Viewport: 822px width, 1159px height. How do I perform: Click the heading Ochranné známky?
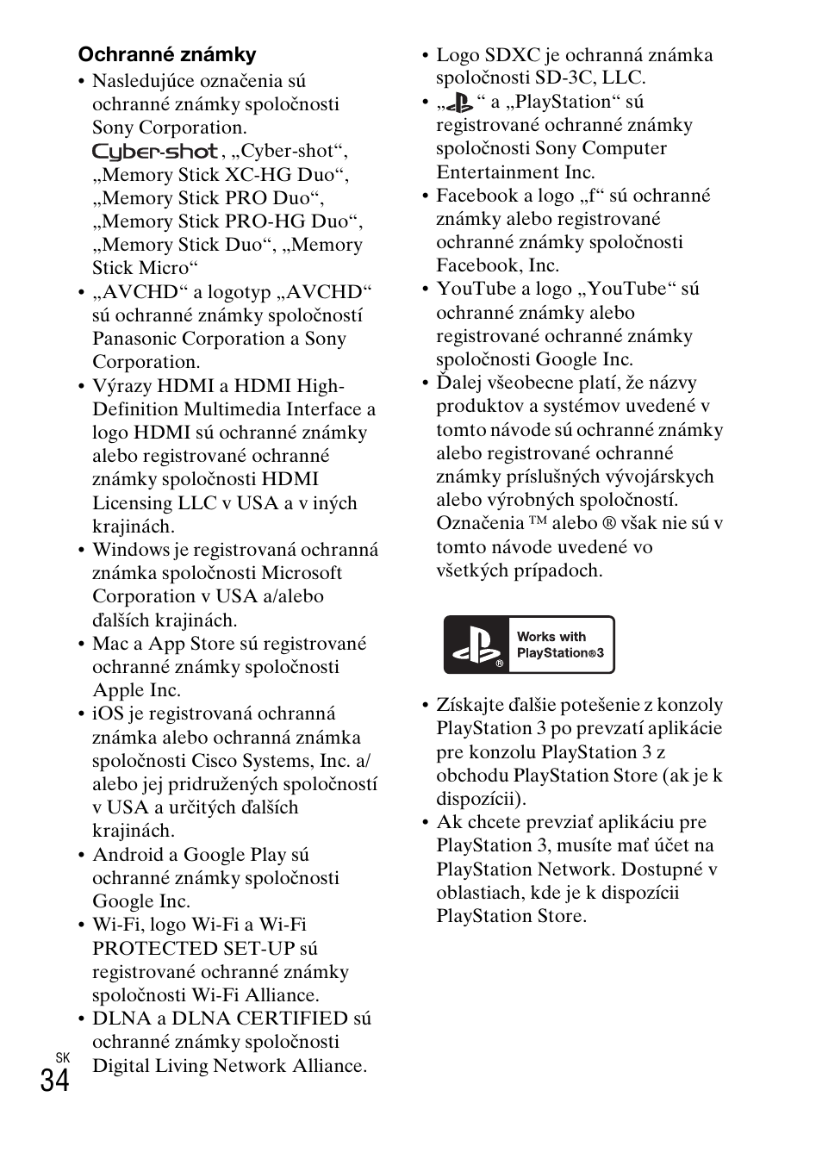tap(167, 55)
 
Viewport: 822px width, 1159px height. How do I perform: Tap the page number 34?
tap(54, 1080)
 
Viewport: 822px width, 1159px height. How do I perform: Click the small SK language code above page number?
tap(61, 1057)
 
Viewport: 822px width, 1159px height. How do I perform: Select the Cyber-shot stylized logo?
tap(155, 153)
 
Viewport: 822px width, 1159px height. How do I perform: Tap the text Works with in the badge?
tap(551, 637)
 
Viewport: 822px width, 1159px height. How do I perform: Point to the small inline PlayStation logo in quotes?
tap(463, 103)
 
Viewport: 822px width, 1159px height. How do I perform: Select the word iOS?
tap(109, 713)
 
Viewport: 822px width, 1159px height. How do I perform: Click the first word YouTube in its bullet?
tap(473, 289)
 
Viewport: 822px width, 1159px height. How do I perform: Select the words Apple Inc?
tap(137, 690)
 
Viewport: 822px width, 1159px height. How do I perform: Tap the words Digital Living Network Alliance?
tap(229, 1066)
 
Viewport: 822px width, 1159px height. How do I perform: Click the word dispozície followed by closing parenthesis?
tap(480, 799)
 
